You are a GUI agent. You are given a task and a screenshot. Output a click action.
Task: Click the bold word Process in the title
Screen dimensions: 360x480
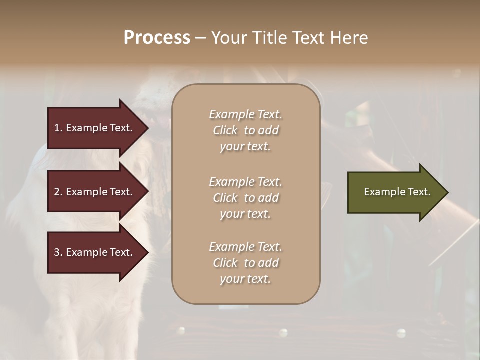coord(157,38)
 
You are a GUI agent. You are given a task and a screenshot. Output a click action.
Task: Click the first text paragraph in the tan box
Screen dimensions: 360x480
coord(245,130)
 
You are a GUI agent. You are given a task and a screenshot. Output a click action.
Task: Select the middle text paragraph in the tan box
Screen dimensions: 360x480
coord(245,198)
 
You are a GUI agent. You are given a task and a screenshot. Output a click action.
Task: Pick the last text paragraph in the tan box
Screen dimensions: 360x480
coord(245,263)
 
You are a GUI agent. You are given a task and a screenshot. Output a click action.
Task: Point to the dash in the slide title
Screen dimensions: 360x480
coord(201,38)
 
